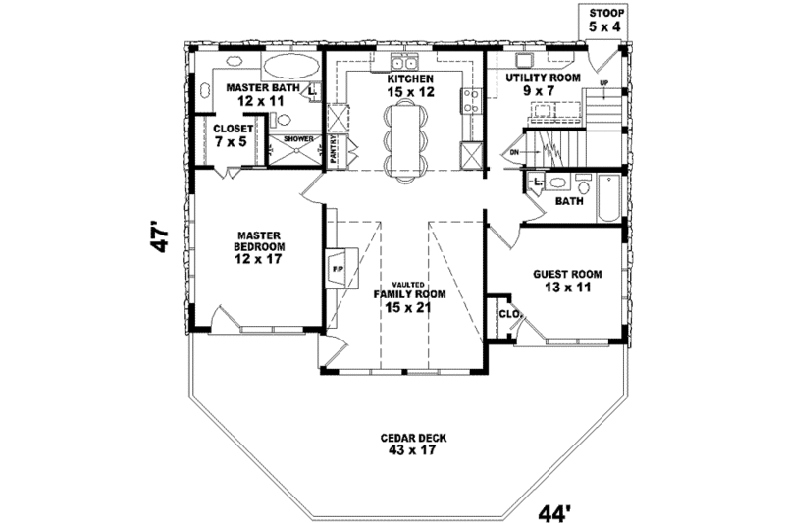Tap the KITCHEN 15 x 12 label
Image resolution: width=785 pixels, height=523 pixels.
(x=409, y=85)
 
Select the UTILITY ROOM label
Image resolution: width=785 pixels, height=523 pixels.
(x=543, y=82)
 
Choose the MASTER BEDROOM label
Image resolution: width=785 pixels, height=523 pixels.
(x=258, y=246)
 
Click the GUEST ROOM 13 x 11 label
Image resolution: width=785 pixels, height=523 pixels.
(x=567, y=282)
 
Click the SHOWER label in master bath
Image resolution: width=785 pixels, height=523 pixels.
(x=298, y=139)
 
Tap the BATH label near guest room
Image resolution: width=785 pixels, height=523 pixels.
(x=569, y=202)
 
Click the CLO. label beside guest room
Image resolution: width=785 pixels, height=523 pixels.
(x=508, y=314)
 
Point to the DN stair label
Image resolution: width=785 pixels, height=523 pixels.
(x=513, y=152)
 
